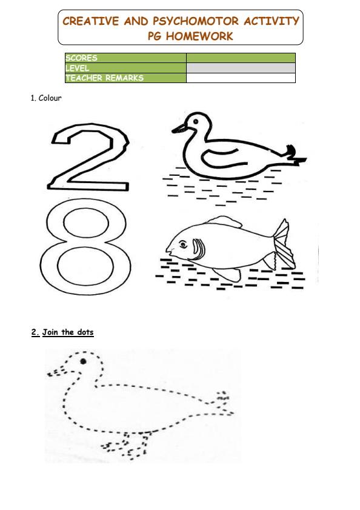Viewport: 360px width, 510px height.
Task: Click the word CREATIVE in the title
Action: point(91,21)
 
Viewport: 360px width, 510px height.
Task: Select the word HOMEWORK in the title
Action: point(200,36)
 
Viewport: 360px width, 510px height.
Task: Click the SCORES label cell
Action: point(125,58)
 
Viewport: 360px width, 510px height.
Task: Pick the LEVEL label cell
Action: point(125,68)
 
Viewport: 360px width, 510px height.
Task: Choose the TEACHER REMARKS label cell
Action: point(125,78)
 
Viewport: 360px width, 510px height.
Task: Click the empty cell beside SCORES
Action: point(241,58)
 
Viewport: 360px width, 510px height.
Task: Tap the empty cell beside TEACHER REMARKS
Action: point(241,78)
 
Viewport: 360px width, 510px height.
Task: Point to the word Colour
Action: point(50,98)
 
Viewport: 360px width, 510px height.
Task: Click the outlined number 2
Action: point(91,159)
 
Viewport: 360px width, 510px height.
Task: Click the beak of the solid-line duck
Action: point(179,128)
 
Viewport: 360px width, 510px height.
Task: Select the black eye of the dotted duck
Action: point(83,362)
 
